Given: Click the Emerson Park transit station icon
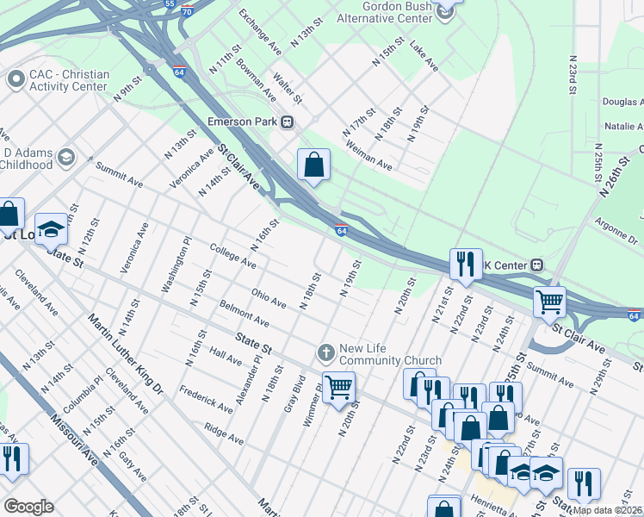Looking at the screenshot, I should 288,121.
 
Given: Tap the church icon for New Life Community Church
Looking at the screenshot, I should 326,352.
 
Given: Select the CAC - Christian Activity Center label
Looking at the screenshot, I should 69,80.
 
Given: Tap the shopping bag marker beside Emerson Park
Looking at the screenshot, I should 313,164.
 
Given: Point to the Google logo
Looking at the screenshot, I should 28,507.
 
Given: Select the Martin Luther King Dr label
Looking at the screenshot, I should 125,354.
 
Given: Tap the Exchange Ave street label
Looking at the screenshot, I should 260,30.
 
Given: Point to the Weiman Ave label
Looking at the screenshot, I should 368,157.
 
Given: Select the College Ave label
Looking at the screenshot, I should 232,255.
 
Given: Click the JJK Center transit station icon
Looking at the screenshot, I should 536,264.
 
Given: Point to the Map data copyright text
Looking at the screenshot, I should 607,510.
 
